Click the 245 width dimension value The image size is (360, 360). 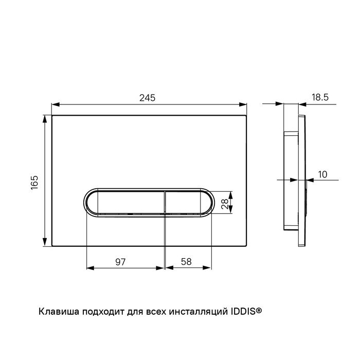point(148,98)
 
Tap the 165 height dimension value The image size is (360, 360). point(34,183)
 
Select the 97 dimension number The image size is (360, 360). point(120,262)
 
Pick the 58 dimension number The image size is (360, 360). point(186,261)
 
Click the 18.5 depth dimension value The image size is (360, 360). point(320,97)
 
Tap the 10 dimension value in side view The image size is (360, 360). point(322,174)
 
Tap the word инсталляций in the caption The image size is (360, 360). point(197,312)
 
